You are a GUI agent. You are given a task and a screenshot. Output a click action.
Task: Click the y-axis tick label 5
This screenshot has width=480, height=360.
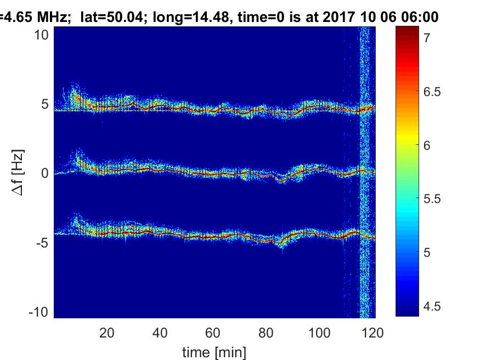(47, 104)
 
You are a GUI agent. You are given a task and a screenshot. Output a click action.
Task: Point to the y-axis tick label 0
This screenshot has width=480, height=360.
(47, 173)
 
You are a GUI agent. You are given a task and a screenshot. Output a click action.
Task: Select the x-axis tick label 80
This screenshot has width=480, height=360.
(266, 333)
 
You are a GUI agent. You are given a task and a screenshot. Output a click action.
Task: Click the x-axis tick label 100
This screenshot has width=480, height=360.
(319, 333)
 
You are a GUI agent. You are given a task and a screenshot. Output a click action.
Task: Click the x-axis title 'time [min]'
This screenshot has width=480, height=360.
(214, 351)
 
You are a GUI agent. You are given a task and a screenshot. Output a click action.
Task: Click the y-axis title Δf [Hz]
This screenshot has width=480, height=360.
(18, 173)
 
